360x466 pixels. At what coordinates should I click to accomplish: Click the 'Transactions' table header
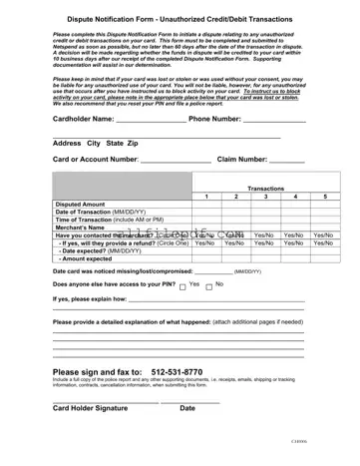click(265, 188)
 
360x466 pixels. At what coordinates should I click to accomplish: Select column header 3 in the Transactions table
click(265, 198)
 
